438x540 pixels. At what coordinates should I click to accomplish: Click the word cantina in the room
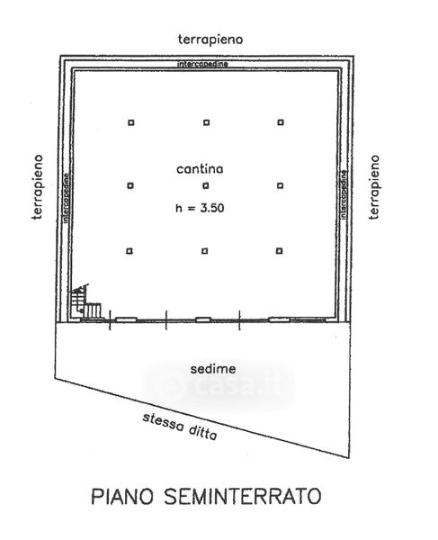pos(200,169)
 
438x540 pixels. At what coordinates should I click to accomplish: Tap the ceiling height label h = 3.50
pos(200,208)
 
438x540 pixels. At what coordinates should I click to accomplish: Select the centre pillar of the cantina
pos(206,185)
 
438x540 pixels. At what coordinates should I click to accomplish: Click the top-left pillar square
pos(130,122)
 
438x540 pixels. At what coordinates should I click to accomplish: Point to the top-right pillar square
pos(281,121)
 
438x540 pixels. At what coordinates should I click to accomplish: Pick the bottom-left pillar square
pos(130,251)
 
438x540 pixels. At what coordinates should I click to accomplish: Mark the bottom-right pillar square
pos(280,251)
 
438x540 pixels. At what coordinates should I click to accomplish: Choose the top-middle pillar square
pos(207,122)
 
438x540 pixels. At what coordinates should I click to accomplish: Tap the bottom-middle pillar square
pos(205,251)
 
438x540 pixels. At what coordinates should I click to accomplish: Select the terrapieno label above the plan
pos(210,40)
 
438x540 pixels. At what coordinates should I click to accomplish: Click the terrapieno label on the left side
pos(38,187)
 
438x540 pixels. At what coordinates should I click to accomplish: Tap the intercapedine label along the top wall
pos(202,64)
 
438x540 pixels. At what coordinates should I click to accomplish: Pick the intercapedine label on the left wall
pos(66,197)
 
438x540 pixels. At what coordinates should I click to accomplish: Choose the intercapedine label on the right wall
pos(344,194)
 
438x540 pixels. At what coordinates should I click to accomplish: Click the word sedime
pos(213,369)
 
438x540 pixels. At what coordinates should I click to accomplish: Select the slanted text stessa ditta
pos(180,427)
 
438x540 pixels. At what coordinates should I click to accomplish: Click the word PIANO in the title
pos(122,496)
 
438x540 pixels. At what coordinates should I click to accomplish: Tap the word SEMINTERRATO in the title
pos(243,496)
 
